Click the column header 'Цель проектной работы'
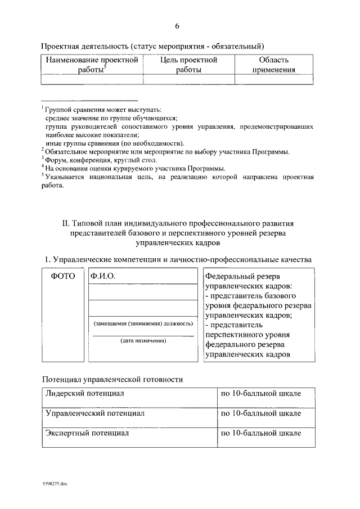pyautogui.click(x=188, y=65)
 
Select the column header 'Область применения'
pyautogui.click(x=273, y=65)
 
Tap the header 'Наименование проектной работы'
pyautogui.click(x=92, y=65)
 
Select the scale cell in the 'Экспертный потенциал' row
pyautogui.click(x=260, y=434)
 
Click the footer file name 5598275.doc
pyautogui.click(x=55, y=483)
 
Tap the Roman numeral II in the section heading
pyautogui.click(x=65, y=223)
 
